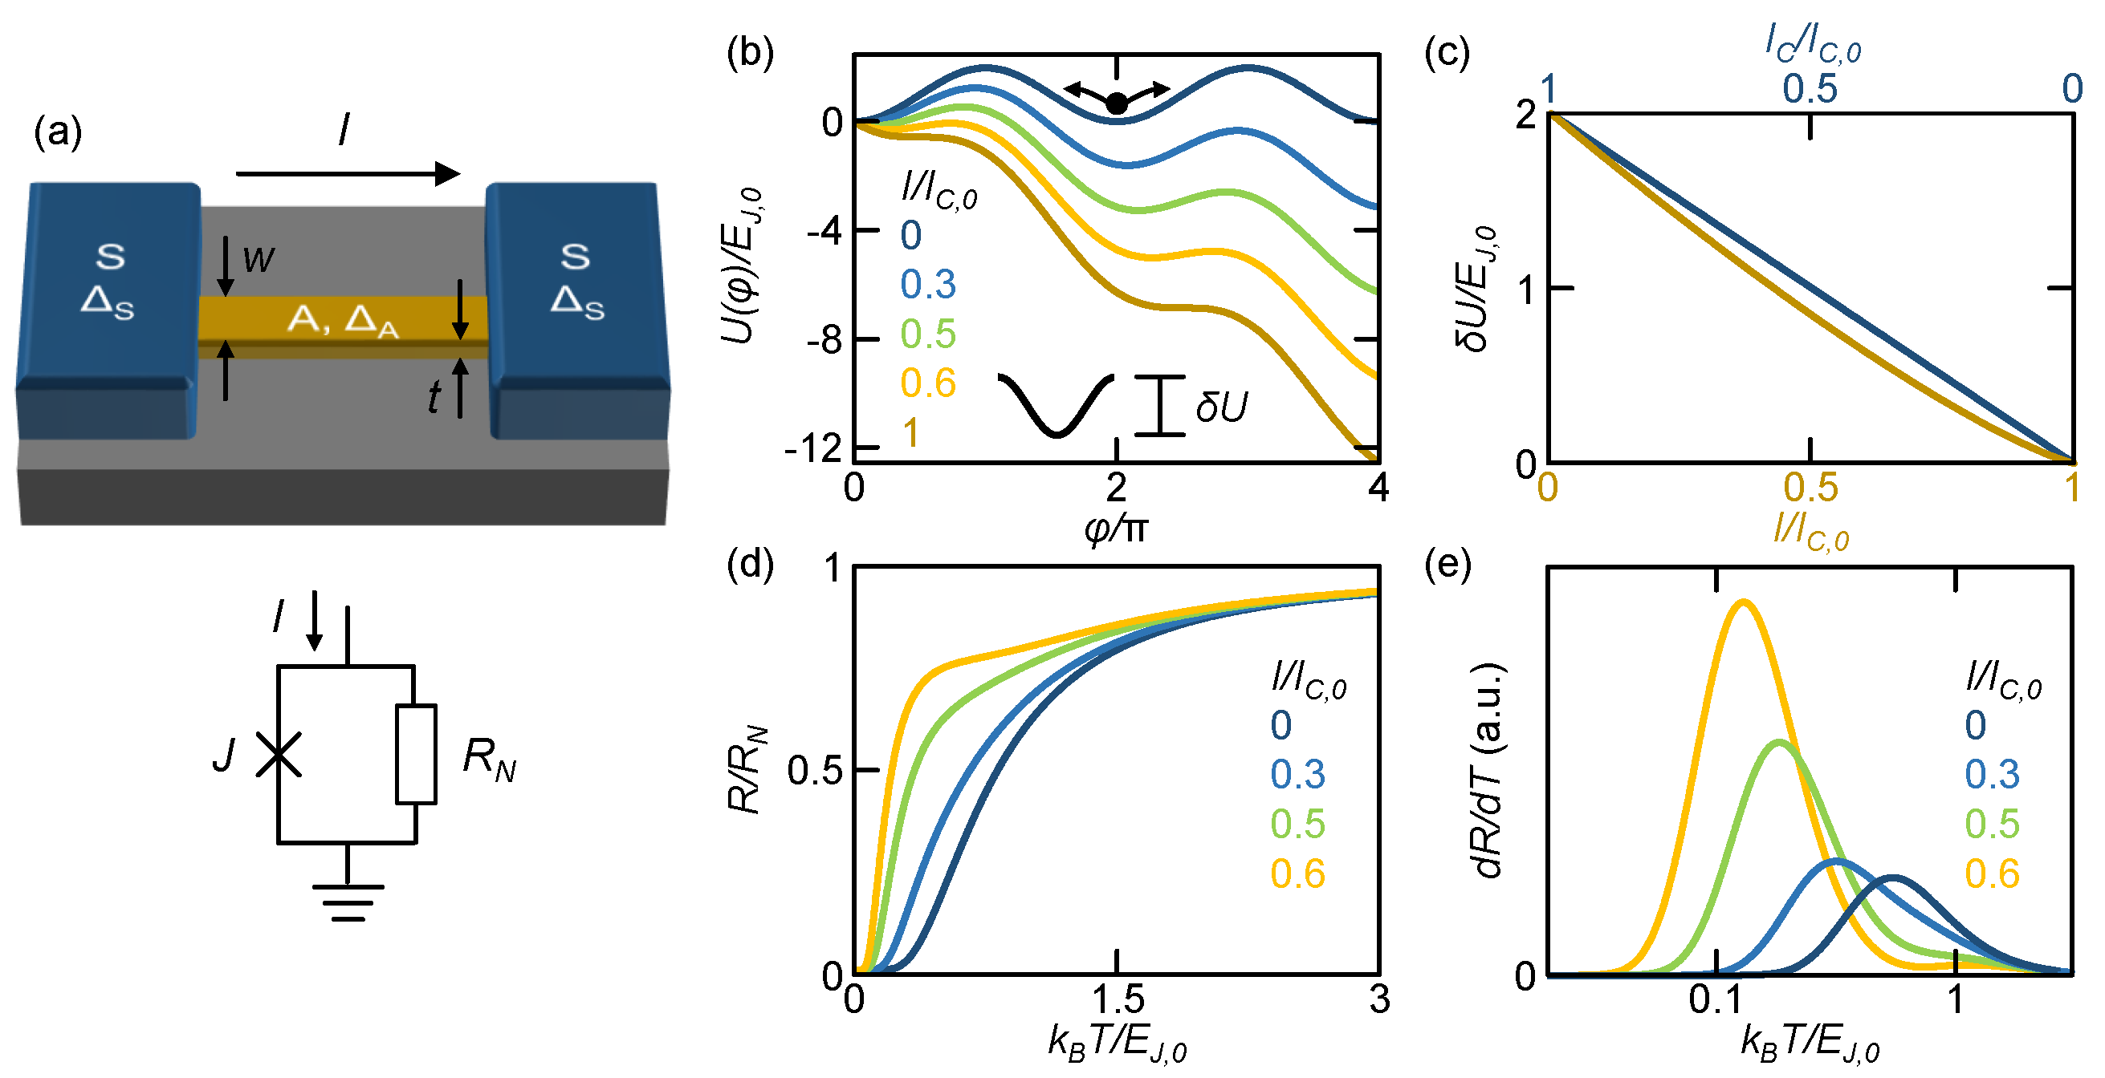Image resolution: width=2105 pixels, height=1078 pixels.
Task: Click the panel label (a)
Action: [57, 132]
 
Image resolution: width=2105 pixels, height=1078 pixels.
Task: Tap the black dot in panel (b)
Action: [1117, 103]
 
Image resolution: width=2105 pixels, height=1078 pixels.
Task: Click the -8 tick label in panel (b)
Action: [824, 340]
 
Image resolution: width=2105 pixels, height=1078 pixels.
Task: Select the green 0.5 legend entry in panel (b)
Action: [927, 334]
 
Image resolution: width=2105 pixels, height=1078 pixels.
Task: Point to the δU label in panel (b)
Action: [1221, 407]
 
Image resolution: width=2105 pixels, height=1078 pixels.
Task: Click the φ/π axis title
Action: [1116, 529]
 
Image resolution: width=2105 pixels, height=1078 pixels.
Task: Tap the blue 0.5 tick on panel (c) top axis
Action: [1810, 89]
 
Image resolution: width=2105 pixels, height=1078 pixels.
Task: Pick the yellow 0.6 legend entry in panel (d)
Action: [1297, 873]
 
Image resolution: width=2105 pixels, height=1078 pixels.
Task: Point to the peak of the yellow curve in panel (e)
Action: [1744, 602]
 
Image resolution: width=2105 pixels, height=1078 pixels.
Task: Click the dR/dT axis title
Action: [1487, 768]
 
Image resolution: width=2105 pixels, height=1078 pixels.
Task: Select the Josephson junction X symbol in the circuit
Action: [278, 754]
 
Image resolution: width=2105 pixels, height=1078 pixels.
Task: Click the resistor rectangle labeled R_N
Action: [416, 754]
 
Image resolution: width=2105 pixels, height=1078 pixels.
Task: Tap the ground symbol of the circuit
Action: [348, 902]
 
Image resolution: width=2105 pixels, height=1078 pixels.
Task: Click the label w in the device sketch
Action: [259, 260]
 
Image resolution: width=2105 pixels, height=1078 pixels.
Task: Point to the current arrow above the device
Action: [348, 173]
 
